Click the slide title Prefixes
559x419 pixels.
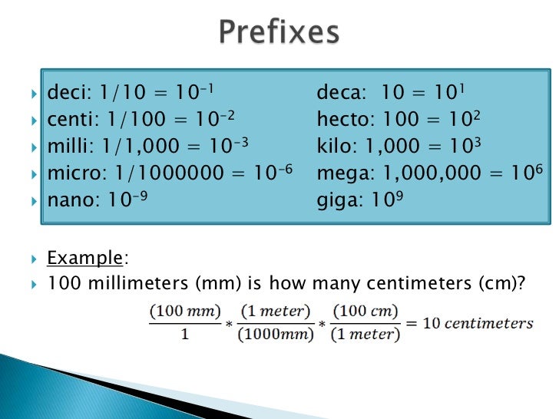pos(279,33)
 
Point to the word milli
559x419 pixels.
pos(67,146)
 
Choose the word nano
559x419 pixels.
pos(69,199)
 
